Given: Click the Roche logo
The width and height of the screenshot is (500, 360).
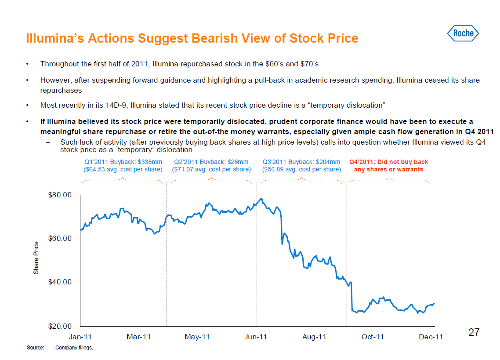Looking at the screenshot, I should point(463,33).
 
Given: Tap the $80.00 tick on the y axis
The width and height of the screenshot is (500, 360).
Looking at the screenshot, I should point(60,195).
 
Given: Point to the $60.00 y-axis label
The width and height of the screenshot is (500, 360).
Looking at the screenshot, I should point(60,238).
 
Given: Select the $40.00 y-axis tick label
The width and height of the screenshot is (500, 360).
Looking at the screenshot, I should point(60,282).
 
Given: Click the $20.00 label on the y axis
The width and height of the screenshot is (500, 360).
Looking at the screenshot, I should point(60,326).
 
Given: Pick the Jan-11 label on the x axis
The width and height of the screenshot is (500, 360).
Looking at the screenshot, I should point(80,337).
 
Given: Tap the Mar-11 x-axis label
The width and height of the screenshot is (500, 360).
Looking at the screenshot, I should point(139,337).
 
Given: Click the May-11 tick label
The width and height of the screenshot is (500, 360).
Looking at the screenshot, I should point(197,337).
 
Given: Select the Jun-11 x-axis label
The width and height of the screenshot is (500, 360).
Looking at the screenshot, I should point(256,337).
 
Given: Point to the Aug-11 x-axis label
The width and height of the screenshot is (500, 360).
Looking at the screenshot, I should point(314,337).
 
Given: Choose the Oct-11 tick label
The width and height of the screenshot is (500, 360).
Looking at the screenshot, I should point(373,337).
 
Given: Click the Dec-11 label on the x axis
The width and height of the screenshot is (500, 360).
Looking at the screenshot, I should point(431,337).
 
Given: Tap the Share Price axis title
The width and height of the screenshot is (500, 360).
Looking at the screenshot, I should point(36,258).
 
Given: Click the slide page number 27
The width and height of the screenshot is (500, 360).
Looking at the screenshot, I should point(474,332).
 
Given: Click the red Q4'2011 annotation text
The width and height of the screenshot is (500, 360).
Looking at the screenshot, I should point(388,166).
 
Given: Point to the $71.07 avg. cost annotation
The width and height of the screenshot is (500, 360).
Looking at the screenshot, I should point(211,169).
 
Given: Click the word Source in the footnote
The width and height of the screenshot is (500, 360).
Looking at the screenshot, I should point(36,348).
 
